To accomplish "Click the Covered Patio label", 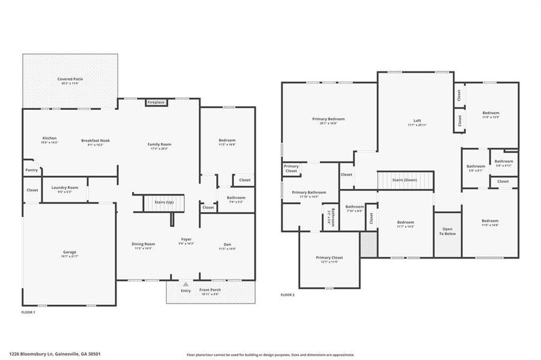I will coord(70,79).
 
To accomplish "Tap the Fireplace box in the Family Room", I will coord(156,103).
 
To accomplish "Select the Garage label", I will coord(70,252).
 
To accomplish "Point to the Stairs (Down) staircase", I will coord(405,180).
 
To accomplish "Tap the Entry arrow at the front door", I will coord(186,285).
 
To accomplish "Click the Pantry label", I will coord(32,170).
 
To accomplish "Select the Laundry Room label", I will coord(61,188).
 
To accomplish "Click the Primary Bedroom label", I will coord(328,119).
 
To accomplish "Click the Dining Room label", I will coord(144,244).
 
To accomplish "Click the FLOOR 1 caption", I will coord(29,313).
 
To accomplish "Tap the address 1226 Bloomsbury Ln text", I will coord(50,355).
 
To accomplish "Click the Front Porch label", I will coord(210,290).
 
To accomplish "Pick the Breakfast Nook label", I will coord(95,141).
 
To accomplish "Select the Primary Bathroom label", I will coord(309,193).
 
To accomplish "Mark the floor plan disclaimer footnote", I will coord(270,355).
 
